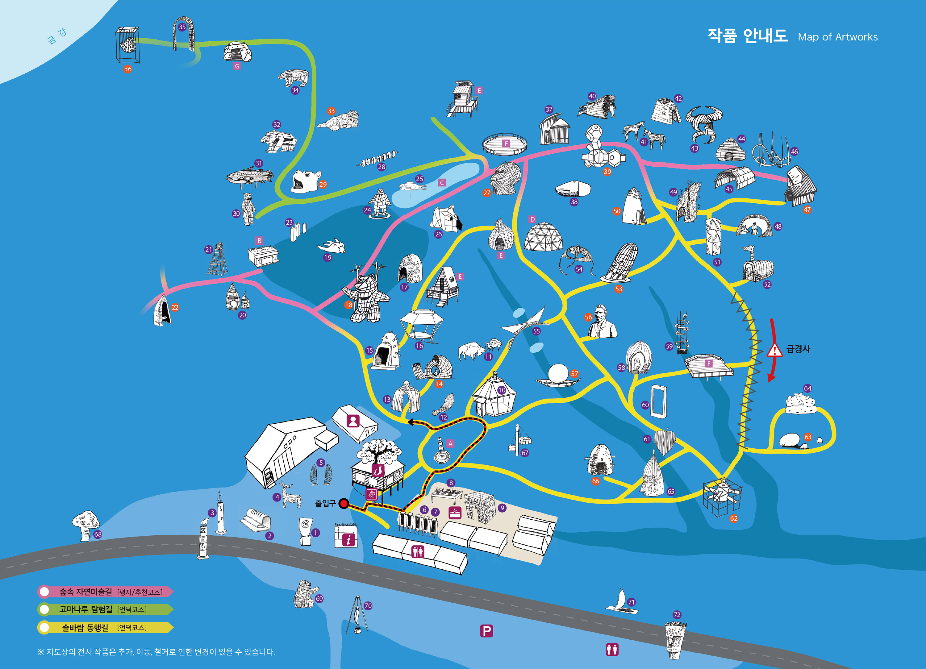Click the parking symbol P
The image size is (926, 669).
(x=486, y=631)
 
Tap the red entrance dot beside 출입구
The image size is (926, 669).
(x=344, y=504)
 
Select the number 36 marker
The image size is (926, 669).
(x=128, y=69)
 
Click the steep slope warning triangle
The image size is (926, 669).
(x=774, y=350)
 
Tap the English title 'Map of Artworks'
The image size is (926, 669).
(x=837, y=37)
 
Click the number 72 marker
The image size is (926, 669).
(x=677, y=615)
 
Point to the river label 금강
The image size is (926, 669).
(x=56, y=36)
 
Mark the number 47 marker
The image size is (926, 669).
(x=807, y=210)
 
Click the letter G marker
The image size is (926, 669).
(x=237, y=66)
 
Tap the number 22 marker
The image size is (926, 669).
(x=175, y=307)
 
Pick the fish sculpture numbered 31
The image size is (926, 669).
(x=249, y=176)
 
